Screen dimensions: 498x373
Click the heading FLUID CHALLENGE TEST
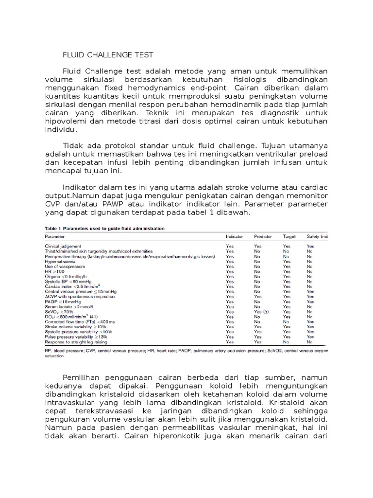click(x=108, y=55)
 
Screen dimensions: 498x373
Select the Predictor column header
click(x=263, y=236)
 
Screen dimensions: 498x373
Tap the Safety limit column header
click(x=317, y=236)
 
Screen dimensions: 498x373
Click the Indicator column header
click(x=235, y=236)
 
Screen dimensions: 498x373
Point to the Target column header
click(x=289, y=236)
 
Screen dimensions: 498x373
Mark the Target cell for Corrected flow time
click(x=286, y=322)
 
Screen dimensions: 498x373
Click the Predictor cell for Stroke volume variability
click(x=257, y=327)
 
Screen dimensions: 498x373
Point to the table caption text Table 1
click(x=54, y=228)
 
